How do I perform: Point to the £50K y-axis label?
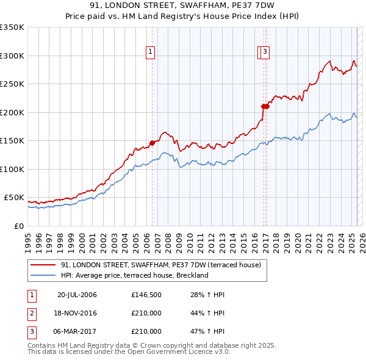[13, 198]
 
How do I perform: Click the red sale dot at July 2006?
[152, 143]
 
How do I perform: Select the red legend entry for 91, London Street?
[161, 265]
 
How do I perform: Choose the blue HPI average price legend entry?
[135, 275]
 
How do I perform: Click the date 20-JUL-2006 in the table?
[77, 295]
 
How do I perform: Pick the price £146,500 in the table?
[146, 295]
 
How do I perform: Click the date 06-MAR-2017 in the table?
[77, 331]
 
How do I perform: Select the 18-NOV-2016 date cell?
[77, 313]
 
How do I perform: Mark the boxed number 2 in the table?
[31, 313]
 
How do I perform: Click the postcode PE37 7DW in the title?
[247, 5]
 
